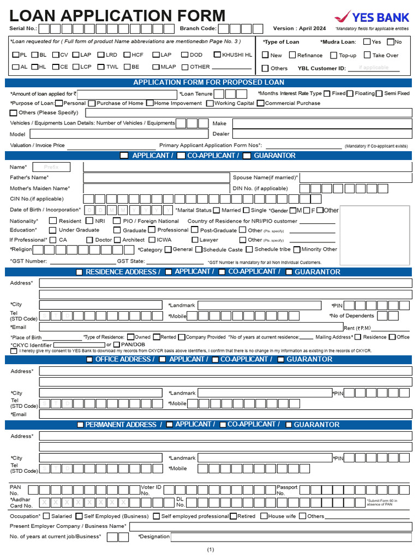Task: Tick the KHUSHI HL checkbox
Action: tap(217, 55)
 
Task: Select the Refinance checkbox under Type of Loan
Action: tap(292, 55)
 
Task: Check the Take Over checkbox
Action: tap(367, 55)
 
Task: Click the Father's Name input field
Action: tap(156, 177)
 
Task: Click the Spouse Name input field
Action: tap(356, 177)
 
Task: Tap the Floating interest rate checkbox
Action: tap(350, 93)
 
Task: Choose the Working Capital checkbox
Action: tap(209, 103)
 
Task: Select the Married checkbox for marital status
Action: tap(217, 210)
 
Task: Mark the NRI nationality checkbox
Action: tap(89, 221)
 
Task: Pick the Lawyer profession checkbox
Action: tap(195, 240)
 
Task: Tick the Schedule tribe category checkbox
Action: tap(249, 249)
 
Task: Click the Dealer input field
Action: tap(322, 134)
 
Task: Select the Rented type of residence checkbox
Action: tap(157, 337)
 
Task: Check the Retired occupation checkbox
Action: tap(233, 516)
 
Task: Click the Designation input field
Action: tap(291, 537)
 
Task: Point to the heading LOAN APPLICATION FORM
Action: tap(117, 16)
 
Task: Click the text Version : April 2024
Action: tap(299, 28)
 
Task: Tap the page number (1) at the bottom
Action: tap(211, 550)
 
